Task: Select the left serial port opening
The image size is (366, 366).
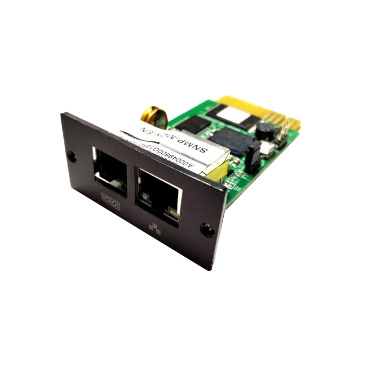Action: coord(110,168)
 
